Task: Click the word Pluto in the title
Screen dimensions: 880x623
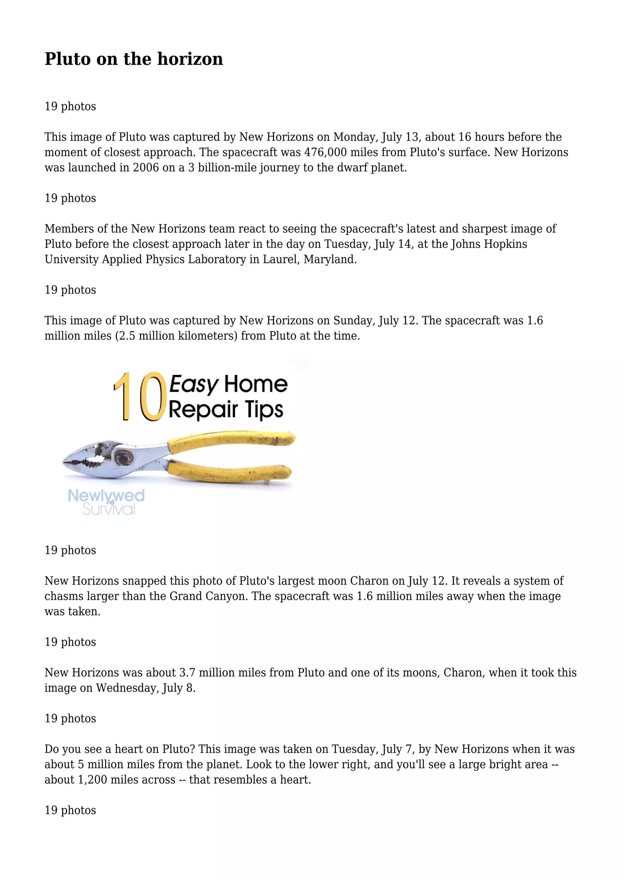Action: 68,59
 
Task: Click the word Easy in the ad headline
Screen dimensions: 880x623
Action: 194,384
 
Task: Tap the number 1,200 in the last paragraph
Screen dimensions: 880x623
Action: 92,780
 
